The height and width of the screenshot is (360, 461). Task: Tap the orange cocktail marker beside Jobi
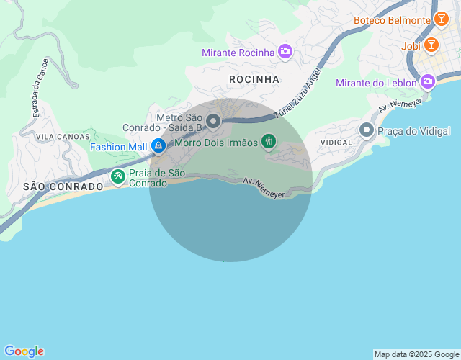click(x=431, y=46)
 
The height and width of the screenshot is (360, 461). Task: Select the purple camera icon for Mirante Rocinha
click(x=285, y=52)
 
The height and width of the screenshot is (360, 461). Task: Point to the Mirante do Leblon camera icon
click(x=427, y=82)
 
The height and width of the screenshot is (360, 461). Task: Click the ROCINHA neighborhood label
click(x=253, y=78)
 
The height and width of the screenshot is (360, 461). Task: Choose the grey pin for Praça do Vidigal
click(x=367, y=130)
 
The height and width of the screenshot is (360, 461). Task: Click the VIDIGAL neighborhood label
click(x=336, y=143)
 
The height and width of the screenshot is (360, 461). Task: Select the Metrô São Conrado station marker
click(x=213, y=120)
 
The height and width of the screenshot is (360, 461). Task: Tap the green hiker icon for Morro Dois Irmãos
click(x=268, y=142)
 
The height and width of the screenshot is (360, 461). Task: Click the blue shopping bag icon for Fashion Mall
click(x=158, y=146)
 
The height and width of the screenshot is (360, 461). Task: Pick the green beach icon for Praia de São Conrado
click(x=117, y=176)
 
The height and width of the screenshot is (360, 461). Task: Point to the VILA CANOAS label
click(x=63, y=136)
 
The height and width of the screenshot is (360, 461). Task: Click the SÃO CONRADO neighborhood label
click(x=53, y=186)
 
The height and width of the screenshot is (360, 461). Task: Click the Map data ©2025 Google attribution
click(x=416, y=354)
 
